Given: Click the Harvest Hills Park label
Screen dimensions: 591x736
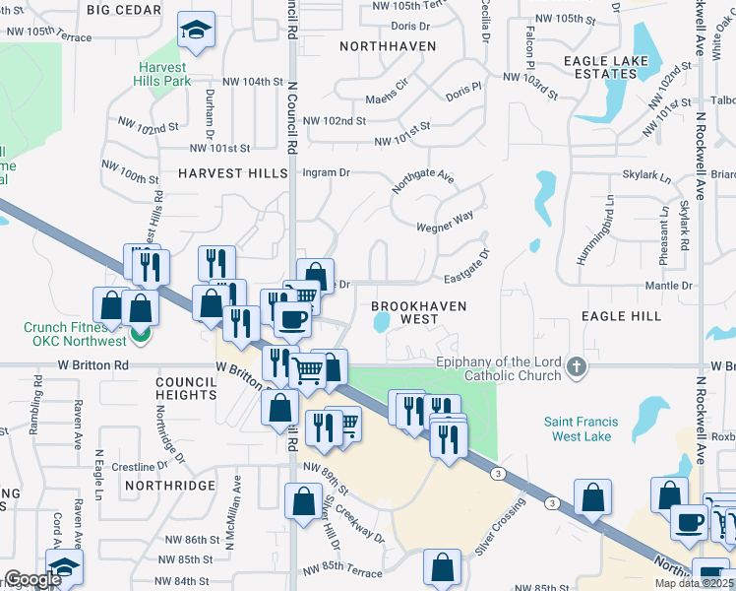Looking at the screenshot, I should tap(164, 74).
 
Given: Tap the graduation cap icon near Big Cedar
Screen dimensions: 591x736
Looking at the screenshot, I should tap(197, 30).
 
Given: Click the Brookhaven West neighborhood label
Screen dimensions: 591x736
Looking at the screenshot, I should tap(419, 312).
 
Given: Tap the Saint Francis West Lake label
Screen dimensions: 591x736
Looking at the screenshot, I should tap(591, 429).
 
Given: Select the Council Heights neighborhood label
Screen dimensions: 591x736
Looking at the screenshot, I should tap(186, 387).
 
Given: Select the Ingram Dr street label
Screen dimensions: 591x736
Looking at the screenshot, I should tap(326, 171).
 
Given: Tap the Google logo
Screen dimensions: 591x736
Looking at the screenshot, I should tap(33, 579).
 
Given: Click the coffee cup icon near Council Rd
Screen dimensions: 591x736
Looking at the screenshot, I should tap(291, 318).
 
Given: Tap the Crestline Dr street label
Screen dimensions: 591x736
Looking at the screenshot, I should tap(135, 466).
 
